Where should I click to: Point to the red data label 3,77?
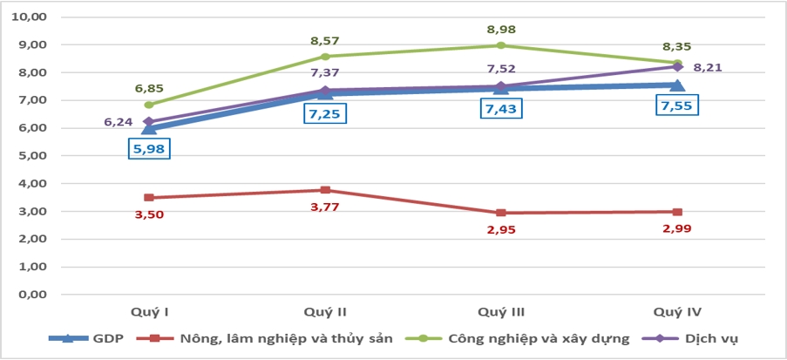point(324,207)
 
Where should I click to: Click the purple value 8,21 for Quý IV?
point(708,66)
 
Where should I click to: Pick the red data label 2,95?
point(501,229)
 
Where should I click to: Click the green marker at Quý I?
point(149,105)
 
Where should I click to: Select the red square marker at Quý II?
point(325,190)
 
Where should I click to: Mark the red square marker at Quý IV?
point(677,212)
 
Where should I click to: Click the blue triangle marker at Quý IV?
point(677,85)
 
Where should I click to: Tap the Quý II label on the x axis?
point(325,311)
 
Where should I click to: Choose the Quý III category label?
point(501,311)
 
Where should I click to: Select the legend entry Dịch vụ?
point(702,339)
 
